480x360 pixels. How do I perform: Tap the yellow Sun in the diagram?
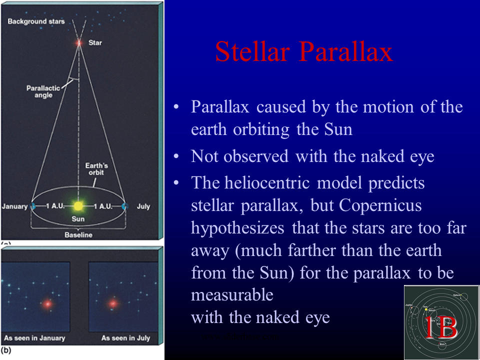click(x=78, y=206)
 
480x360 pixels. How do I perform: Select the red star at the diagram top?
click(x=78, y=43)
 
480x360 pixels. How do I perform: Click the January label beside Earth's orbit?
click(x=14, y=206)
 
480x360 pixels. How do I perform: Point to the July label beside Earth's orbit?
click(x=143, y=206)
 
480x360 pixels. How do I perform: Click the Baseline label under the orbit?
click(x=78, y=235)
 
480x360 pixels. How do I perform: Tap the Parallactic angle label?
click(x=43, y=91)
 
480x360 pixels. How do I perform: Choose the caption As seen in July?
click(x=125, y=338)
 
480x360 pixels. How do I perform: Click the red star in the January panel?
click(x=47, y=303)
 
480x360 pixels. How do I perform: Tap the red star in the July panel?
click(x=113, y=303)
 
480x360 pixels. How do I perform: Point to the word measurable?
click(x=232, y=295)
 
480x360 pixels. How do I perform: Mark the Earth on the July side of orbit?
click(x=124, y=206)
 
